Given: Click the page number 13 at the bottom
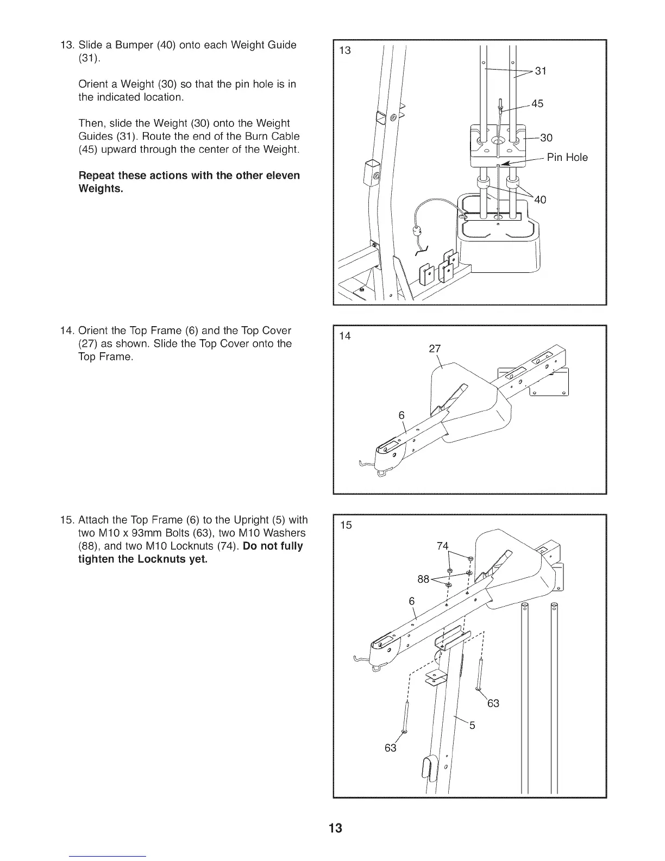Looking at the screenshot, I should pyautogui.click(x=336, y=828).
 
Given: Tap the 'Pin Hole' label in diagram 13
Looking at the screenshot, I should pyautogui.click(x=567, y=158).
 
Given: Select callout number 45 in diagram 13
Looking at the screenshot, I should pyautogui.click(x=537, y=104).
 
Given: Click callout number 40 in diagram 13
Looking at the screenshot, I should pyautogui.click(x=540, y=200).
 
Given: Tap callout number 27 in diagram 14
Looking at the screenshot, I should pyautogui.click(x=435, y=349).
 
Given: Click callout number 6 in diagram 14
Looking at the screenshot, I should pyautogui.click(x=401, y=415).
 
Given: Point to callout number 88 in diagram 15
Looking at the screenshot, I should pyautogui.click(x=424, y=579).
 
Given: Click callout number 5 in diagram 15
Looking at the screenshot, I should pyautogui.click(x=472, y=725).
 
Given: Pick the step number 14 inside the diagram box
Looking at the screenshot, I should pyautogui.click(x=345, y=336).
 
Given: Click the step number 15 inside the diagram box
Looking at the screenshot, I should pyautogui.click(x=346, y=525).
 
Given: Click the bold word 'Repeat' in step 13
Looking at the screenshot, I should pyautogui.click(x=97, y=176).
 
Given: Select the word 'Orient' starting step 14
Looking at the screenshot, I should pyautogui.click(x=93, y=330).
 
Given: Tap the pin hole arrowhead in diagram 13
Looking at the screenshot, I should pyautogui.click(x=505, y=163).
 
